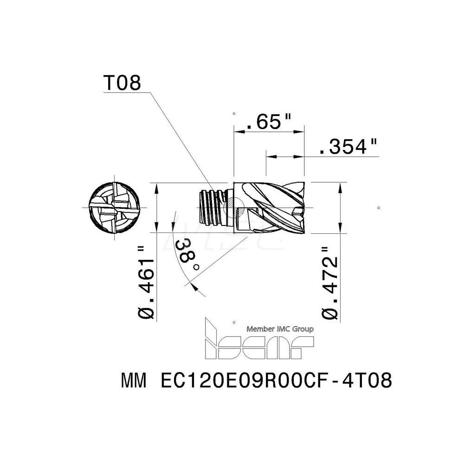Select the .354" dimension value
pos(348,148)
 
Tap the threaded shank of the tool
pos(212,207)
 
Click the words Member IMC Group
pos(280,329)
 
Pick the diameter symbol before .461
pos(147,313)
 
